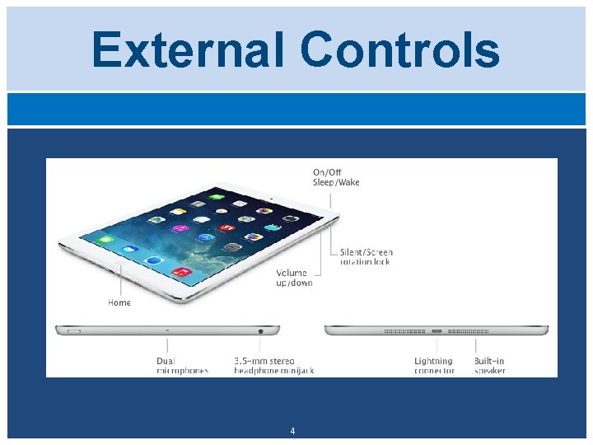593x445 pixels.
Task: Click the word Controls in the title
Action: click(x=399, y=49)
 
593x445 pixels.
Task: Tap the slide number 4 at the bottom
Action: click(x=292, y=431)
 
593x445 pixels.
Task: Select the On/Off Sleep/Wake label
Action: click(x=335, y=177)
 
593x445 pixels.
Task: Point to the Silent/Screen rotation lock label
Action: click(x=366, y=257)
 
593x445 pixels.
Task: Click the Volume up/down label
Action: click(x=294, y=278)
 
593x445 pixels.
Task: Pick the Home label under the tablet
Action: click(x=119, y=302)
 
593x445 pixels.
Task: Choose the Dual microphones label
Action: click(x=182, y=366)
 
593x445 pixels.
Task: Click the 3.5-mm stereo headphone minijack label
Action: click(x=273, y=366)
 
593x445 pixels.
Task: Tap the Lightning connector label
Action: click(x=434, y=366)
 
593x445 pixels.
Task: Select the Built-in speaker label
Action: click(x=489, y=366)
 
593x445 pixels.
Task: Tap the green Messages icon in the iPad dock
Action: click(x=105, y=240)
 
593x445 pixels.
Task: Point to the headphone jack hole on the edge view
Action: click(x=261, y=330)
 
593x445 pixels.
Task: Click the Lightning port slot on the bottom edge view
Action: click(x=437, y=331)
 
